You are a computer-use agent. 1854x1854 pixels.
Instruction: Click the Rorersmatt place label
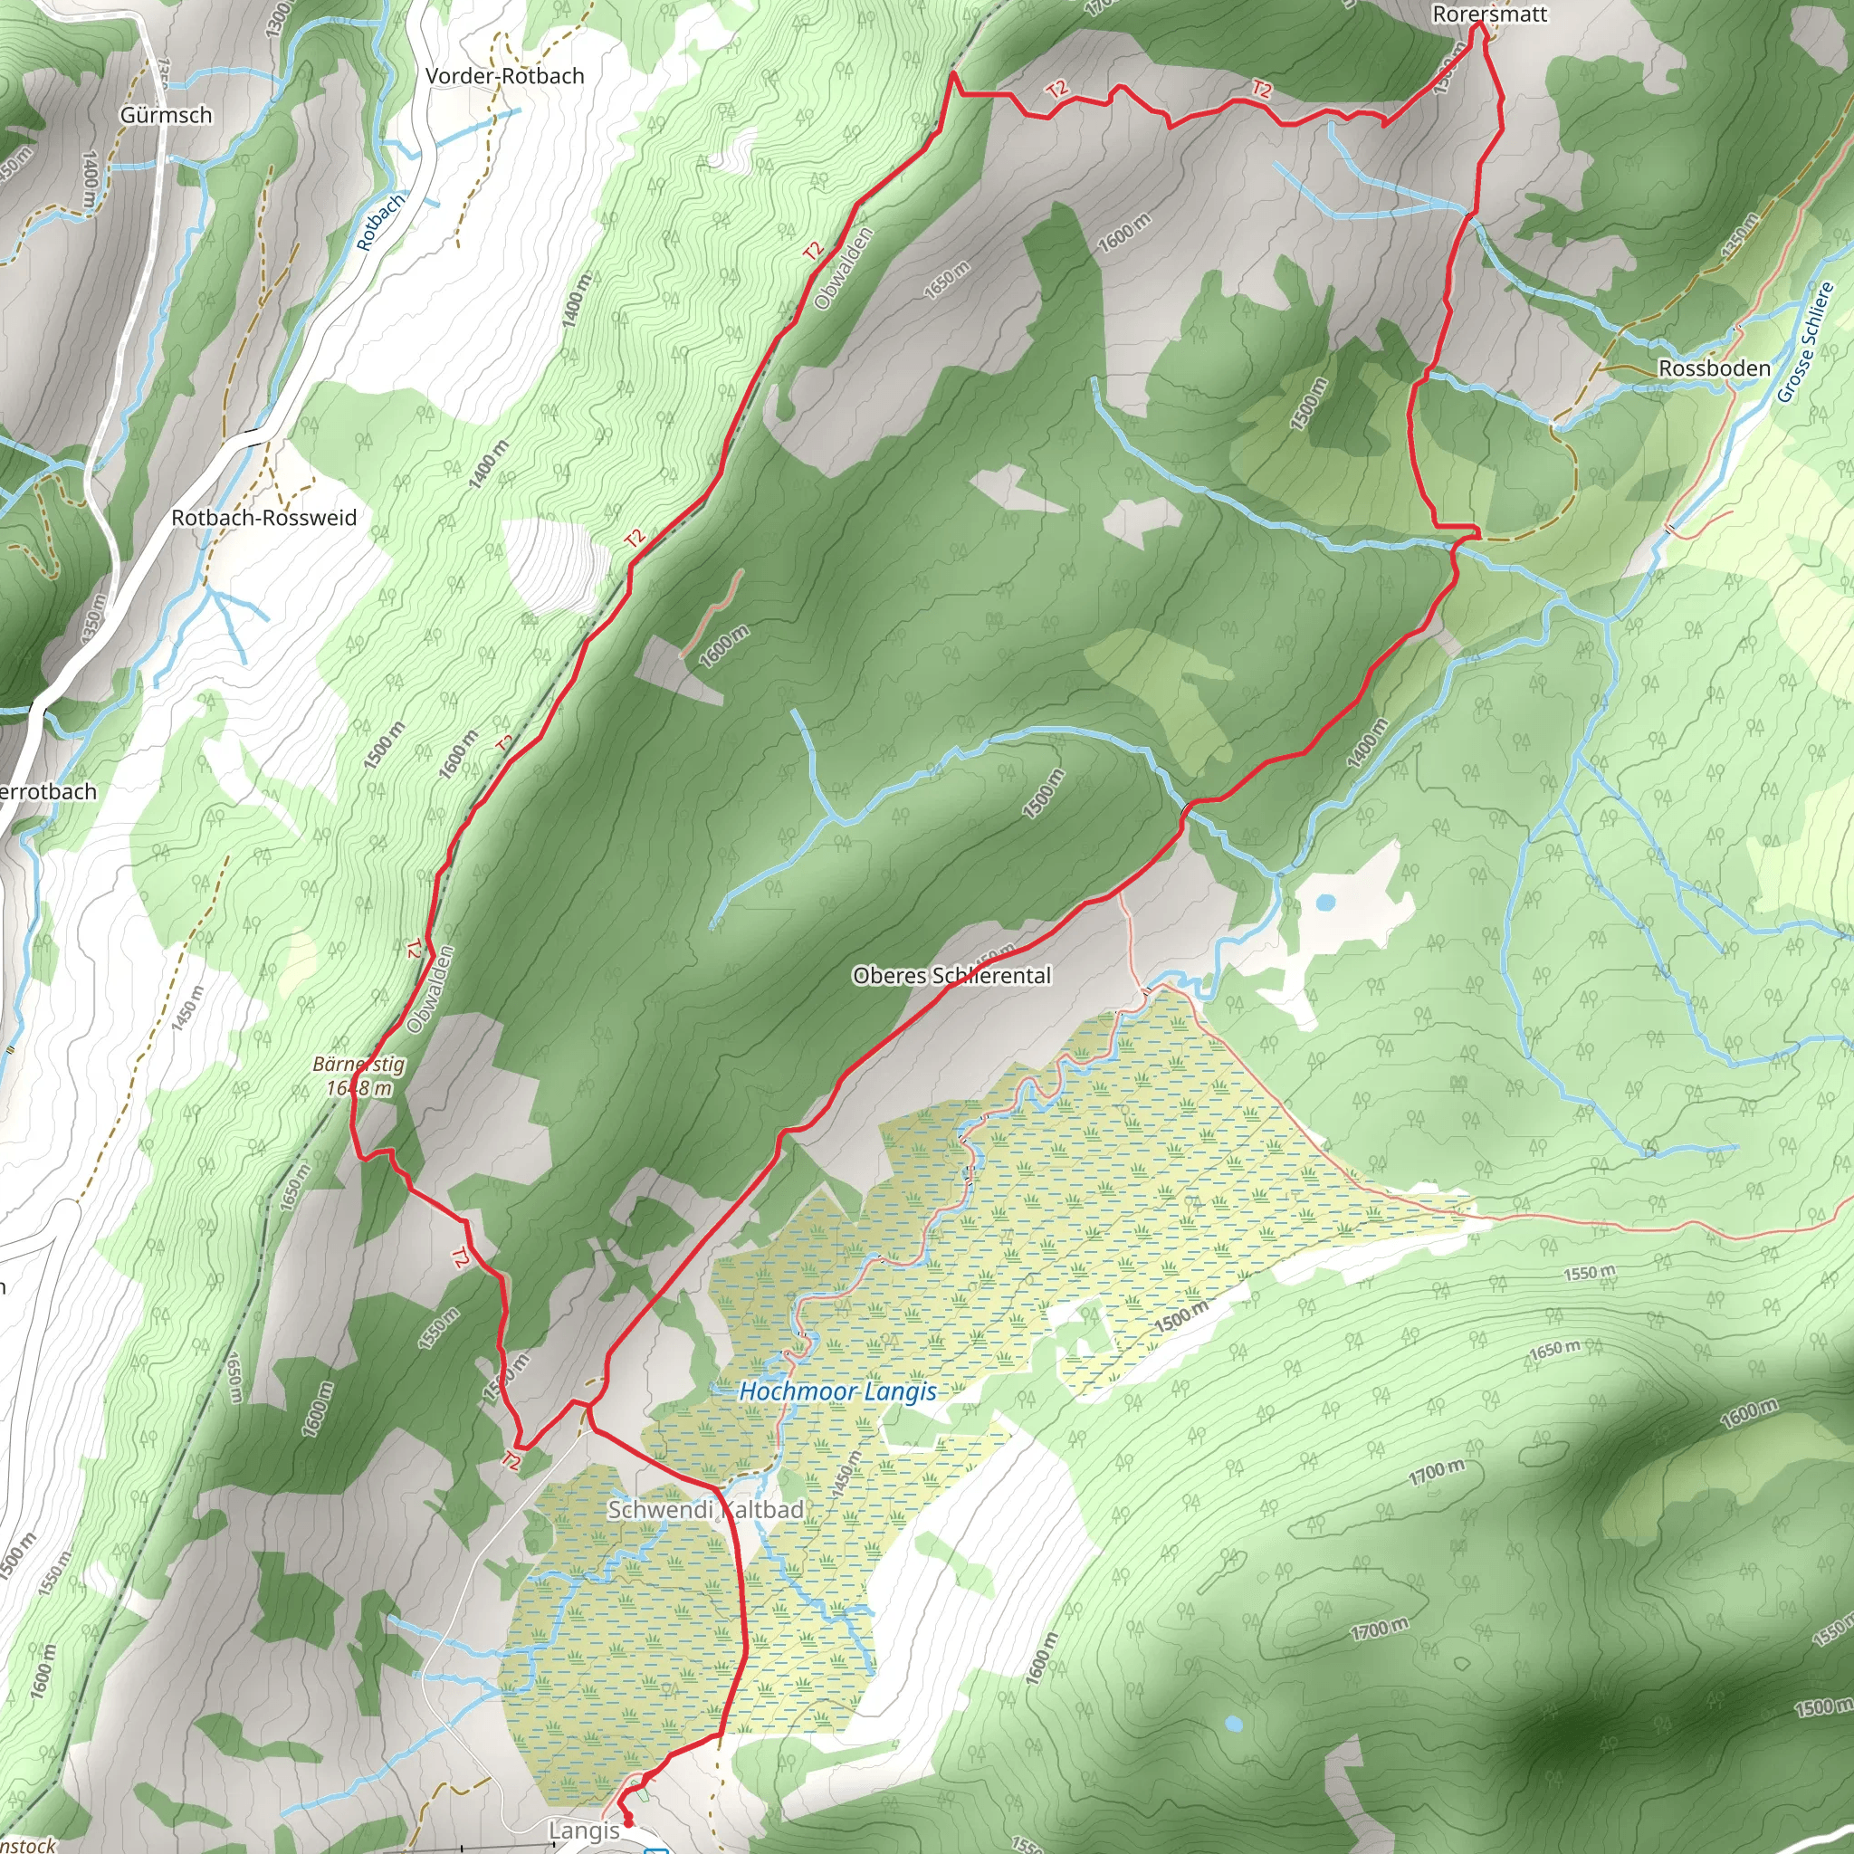tap(1489, 14)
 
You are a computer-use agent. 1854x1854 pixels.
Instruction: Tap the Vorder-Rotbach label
tap(505, 76)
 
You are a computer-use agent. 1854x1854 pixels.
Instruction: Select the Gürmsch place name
tap(166, 115)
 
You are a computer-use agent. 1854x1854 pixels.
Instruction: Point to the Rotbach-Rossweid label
tap(264, 518)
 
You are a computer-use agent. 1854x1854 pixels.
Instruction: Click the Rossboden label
tap(1715, 368)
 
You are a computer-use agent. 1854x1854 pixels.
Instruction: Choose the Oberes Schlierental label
tap(952, 976)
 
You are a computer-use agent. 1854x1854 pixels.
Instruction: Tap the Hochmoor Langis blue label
tap(837, 1391)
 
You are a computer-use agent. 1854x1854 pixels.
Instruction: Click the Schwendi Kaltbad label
tap(706, 1509)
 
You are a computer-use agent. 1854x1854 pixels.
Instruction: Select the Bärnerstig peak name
tap(358, 1065)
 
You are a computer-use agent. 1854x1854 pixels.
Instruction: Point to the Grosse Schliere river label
tap(1805, 342)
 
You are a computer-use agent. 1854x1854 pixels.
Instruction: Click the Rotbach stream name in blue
tap(380, 222)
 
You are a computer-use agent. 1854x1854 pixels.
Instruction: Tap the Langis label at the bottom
tap(585, 1830)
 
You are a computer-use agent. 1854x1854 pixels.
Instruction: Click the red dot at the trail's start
tap(628, 1821)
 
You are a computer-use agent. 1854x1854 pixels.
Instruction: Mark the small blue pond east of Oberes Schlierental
tap(1325, 902)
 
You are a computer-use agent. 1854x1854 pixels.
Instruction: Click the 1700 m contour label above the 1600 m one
tap(1438, 1471)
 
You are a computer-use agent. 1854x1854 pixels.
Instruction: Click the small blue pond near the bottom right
tap(1234, 1725)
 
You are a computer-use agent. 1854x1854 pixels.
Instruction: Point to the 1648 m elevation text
tap(358, 1088)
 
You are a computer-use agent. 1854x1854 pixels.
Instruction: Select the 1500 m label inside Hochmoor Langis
tap(1180, 1316)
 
